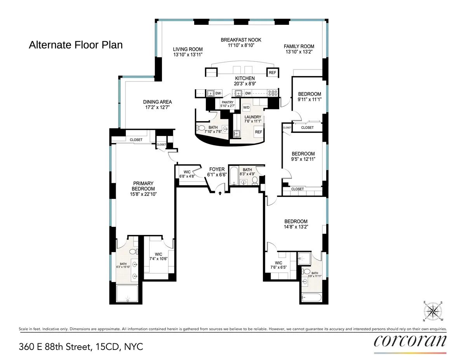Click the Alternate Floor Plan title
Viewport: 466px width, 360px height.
click(76, 45)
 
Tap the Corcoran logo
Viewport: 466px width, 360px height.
click(410, 341)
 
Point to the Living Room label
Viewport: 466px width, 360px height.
click(188, 49)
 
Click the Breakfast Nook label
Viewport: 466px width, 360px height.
click(241, 40)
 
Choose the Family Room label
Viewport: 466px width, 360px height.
click(299, 47)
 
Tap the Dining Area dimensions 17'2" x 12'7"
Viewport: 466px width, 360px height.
click(157, 107)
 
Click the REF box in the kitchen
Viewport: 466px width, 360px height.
click(272, 73)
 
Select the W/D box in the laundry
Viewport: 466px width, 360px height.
click(246, 107)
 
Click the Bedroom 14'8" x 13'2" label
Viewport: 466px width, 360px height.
click(296, 221)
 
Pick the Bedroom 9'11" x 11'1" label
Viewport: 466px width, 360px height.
click(310, 94)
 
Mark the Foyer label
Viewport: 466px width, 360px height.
click(217, 169)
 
